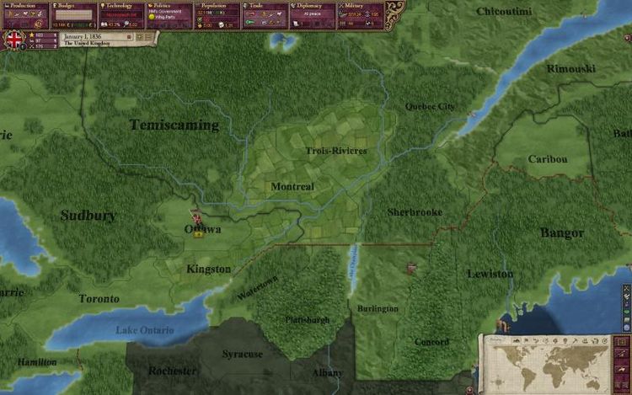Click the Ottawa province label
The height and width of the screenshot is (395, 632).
pos(203,229)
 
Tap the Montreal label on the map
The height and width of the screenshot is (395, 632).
pos(292,186)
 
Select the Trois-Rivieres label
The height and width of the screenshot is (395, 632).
pos(336,151)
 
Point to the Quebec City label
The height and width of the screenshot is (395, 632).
pos(430,107)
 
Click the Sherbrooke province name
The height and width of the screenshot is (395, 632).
pos(415,212)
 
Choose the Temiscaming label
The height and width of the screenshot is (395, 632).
pos(174,125)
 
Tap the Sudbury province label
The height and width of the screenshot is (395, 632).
pos(88,216)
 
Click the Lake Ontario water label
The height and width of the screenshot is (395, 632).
pos(144,329)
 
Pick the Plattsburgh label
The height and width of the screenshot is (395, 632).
pos(305,320)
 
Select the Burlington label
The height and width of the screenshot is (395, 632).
pos(378,309)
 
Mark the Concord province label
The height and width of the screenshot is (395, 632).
pos(431,342)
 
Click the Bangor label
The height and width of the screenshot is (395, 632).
pos(562,232)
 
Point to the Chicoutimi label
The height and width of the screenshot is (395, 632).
pos(504,12)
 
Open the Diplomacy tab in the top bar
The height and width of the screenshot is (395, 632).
pos(318,5)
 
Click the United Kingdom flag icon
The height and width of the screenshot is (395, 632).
pos(14,40)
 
